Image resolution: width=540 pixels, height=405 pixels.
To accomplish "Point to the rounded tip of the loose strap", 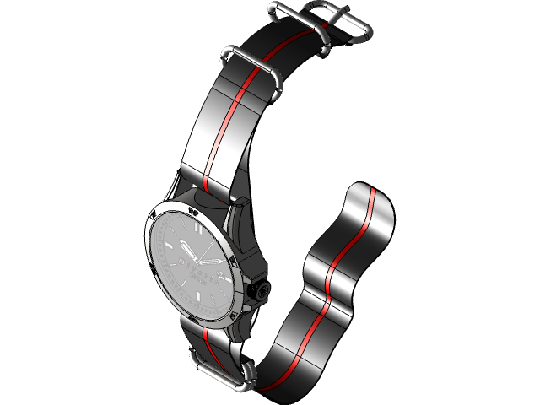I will click(371, 190).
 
